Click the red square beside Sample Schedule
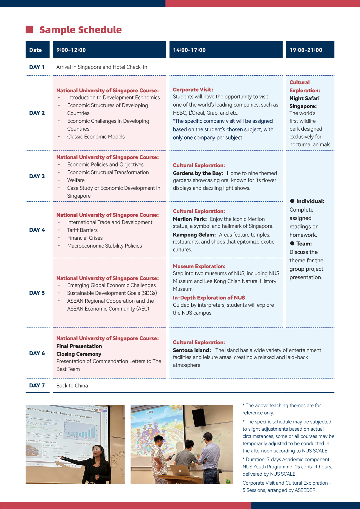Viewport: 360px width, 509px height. point(29,30)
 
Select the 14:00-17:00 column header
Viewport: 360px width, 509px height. point(189,50)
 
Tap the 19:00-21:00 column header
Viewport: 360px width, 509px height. point(306,50)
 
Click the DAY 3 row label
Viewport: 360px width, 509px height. point(37,176)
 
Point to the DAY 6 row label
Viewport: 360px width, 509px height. point(37,353)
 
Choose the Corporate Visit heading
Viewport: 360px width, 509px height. point(193,90)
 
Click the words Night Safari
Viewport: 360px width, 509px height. point(304,98)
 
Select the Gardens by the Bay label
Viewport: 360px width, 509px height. point(198,173)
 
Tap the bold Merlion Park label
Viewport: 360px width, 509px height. point(190,219)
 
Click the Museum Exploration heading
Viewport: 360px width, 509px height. point(199,266)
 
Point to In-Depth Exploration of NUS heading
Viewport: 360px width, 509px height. point(209,298)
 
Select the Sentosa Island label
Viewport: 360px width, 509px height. point(192,350)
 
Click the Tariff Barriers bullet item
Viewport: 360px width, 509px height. point(82,230)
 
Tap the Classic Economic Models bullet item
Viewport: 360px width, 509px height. point(96,137)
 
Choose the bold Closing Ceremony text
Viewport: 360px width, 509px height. point(79,354)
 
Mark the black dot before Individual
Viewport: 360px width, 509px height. point(292,201)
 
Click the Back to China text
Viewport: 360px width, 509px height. point(72,386)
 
